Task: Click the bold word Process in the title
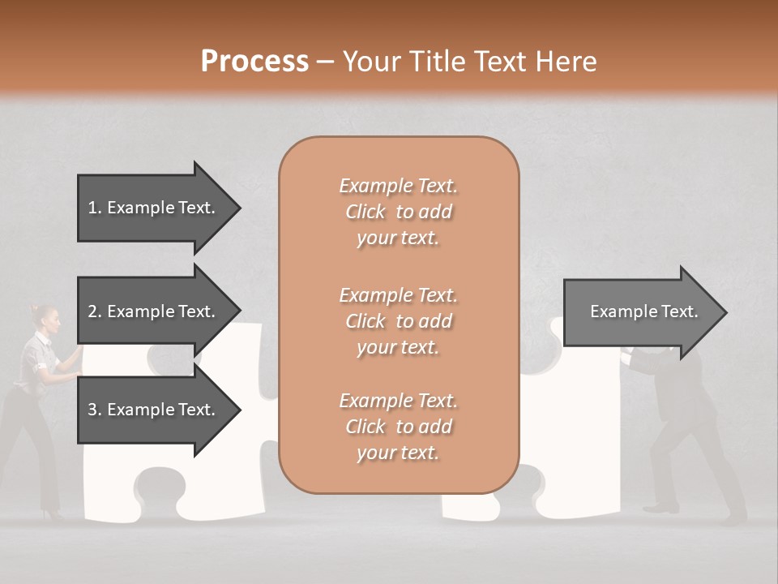tap(254, 61)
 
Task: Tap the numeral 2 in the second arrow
tap(92, 311)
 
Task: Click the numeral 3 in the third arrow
tap(92, 410)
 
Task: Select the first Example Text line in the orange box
tap(398, 186)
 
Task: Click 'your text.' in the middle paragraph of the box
tap(398, 347)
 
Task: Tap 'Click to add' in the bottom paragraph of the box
tap(398, 427)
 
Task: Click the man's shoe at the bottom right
tap(660, 508)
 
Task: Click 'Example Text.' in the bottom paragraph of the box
tap(398, 401)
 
